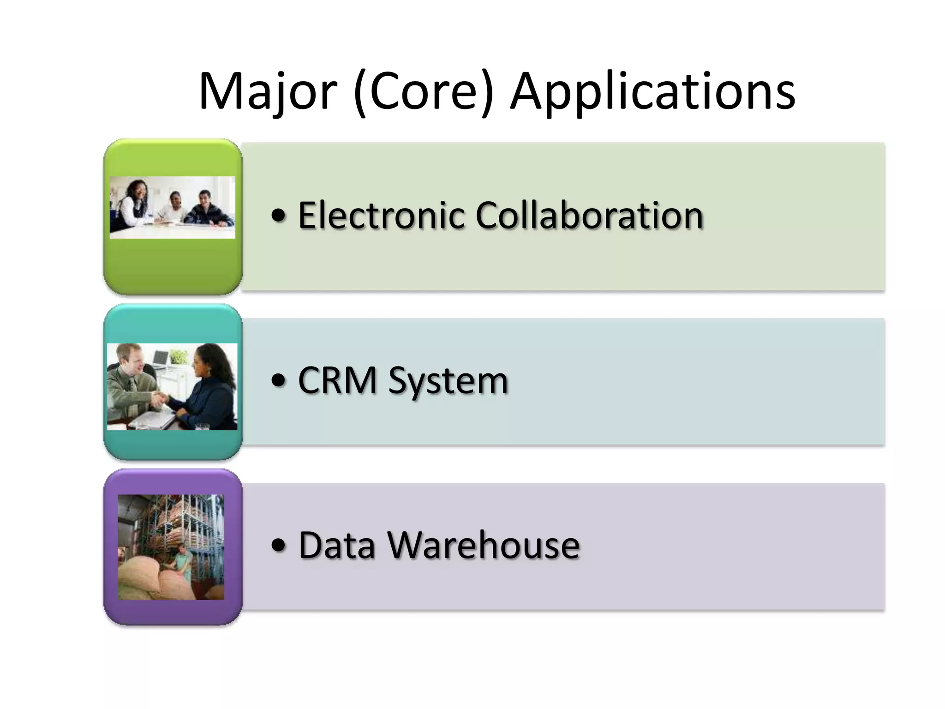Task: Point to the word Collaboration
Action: tap(589, 215)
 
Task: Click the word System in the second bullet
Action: tap(448, 381)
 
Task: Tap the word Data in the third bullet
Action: tap(336, 546)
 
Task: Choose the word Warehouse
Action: tap(483, 546)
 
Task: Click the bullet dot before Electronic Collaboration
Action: tap(279, 216)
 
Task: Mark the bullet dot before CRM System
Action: tap(279, 381)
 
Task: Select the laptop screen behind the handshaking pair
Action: tap(160, 358)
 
